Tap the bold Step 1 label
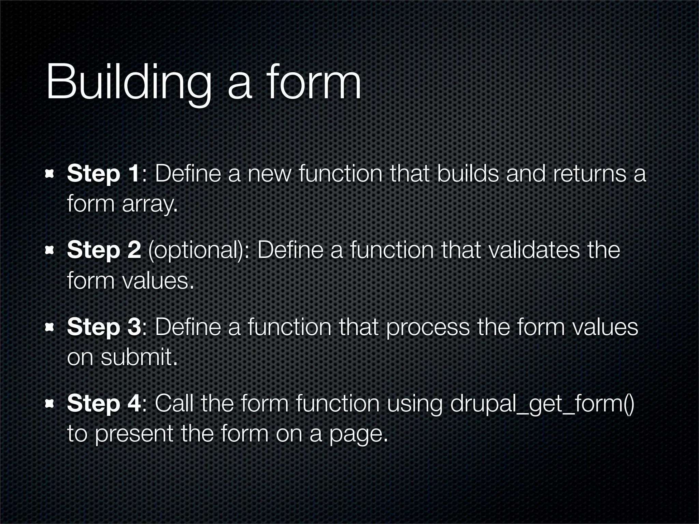103,174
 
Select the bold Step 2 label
104,250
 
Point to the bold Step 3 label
104,327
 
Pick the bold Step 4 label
104,403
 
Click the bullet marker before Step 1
50,174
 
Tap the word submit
139,357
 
